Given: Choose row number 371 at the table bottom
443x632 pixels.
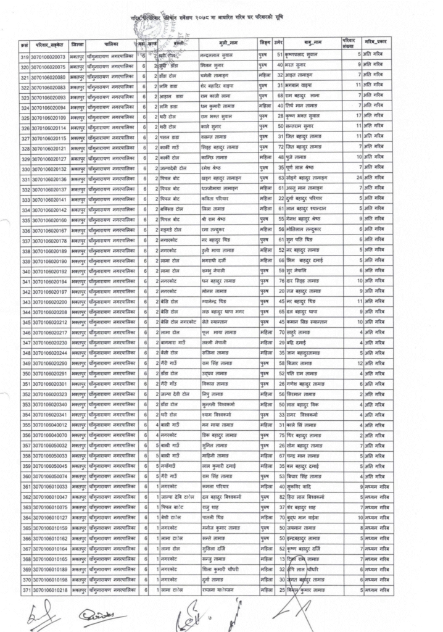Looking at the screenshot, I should click(25, 590).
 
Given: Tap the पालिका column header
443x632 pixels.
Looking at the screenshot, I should click(112, 45).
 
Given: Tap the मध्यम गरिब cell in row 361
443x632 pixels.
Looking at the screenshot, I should click(376, 487).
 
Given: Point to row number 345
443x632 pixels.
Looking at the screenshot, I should click(25, 322).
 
